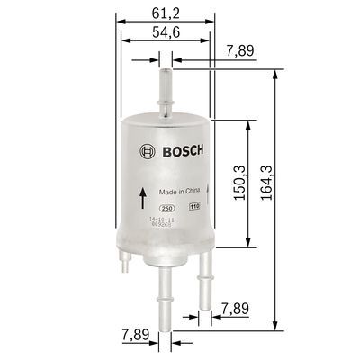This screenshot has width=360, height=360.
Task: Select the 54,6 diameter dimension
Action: pyautogui.click(x=165, y=33)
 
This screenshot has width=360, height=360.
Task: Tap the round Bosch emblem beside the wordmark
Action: pyautogui.click(x=144, y=150)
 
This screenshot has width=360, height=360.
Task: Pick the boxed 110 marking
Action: pyautogui.click(x=193, y=208)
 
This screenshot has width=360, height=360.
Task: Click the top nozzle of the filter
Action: pyautogui.click(x=164, y=85)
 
